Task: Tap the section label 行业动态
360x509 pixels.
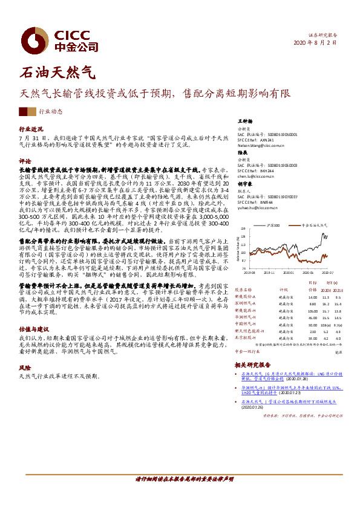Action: click(x=50, y=112)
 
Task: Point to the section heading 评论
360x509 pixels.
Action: click(x=25, y=162)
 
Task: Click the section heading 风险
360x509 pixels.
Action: click(x=25, y=368)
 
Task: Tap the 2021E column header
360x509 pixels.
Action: click(x=338, y=290)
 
